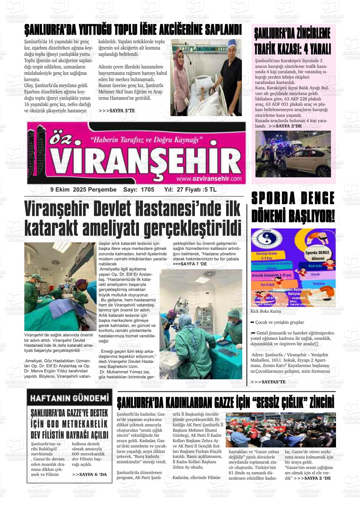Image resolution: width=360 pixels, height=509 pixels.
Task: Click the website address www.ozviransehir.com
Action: [x=209, y=179]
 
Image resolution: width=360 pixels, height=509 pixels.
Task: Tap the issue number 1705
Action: [x=148, y=190]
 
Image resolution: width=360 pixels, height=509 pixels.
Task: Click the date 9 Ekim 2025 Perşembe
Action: [x=83, y=190]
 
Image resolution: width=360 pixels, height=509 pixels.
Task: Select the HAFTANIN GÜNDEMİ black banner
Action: [x=69, y=398]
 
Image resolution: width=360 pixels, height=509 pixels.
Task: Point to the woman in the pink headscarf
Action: [x=181, y=79]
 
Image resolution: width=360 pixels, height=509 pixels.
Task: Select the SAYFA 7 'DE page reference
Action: [x=190, y=264]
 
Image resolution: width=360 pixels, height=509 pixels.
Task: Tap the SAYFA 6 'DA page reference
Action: [x=89, y=474]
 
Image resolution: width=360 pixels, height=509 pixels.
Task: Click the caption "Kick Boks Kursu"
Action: [x=266, y=311]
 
